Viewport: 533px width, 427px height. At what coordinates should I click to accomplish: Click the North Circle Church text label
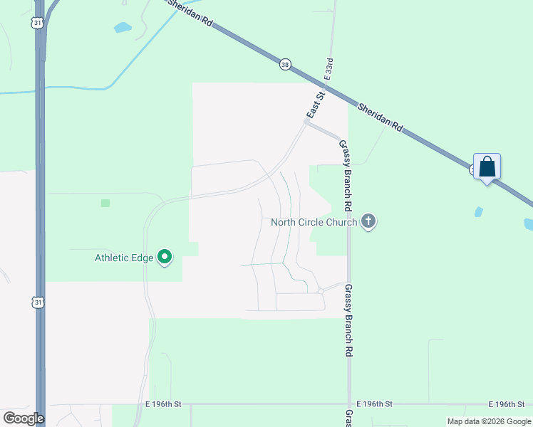(314, 222)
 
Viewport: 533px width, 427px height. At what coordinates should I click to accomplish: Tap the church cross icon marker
(368, 221)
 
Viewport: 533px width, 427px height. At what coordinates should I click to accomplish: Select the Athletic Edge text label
(124, 258)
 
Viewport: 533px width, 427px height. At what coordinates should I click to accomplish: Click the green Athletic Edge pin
(165, 257)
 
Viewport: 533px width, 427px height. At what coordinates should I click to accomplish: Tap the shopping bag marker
(487, 167)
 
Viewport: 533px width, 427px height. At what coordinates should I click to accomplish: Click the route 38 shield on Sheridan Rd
(285, 64)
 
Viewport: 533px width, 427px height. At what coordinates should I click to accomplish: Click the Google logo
(24, 418)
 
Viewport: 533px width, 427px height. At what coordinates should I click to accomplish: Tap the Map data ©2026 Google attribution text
(489, 421)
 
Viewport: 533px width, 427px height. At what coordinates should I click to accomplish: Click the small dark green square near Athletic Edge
(105, 203)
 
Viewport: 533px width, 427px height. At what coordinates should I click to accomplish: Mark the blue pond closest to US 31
(123, 28)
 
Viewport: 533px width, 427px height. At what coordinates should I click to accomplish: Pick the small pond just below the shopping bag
(478, 211)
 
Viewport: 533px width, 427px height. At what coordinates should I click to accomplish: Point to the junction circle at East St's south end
(307, 122)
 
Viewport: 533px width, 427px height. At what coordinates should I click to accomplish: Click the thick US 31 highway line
(41, 213)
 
